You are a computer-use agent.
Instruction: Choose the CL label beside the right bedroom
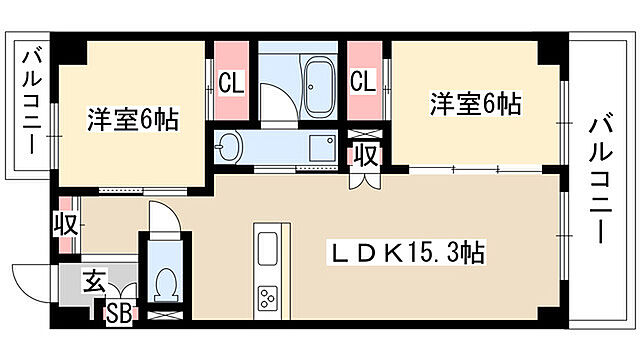pos(362,82)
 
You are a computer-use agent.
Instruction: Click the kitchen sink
pos(269,248)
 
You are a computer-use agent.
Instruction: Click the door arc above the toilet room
pos(160,215)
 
